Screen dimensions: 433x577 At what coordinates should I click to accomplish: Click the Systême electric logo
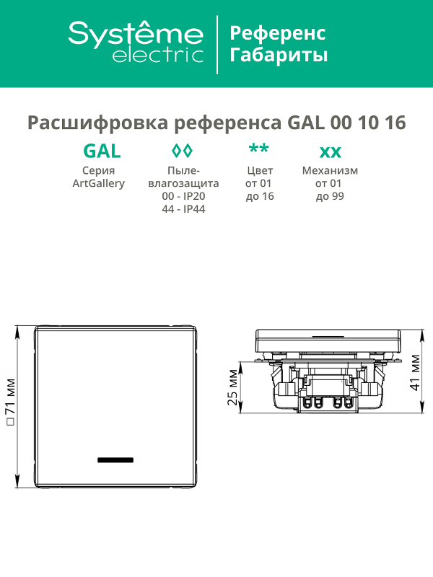(x=136, y=42)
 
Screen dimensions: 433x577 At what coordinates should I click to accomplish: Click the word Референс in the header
(x=278, y=33)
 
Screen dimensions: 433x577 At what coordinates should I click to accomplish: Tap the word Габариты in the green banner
(x=279, y=56)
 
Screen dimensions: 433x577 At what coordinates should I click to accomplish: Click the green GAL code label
(x=102, y=151)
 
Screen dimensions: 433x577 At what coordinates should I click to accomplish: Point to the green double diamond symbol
(x=183, y=150)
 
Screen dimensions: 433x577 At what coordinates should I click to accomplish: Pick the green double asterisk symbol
(x=259, y=149)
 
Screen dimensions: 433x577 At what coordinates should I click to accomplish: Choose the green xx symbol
(x=330, y=152)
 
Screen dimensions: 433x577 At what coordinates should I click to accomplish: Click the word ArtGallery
(x=98, y=184)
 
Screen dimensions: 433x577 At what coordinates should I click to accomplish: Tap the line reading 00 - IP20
(x=183, y=196)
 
